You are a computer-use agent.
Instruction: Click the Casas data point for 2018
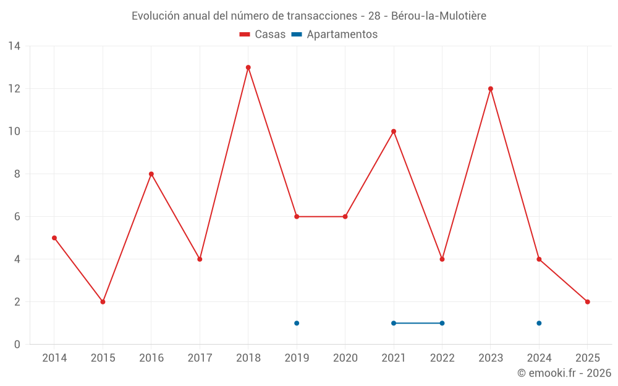click(248, 67)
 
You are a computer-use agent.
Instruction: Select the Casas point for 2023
click(491, 89)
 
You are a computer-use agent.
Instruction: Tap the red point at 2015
click(103, 302)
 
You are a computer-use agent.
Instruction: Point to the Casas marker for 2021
click(394, 132)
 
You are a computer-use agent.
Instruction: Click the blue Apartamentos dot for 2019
click(297, 323)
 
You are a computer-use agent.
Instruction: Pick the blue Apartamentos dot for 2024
click(539, 323)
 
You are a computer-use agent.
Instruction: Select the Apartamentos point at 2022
click(442, 323)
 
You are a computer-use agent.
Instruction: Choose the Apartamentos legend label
click(342, 35)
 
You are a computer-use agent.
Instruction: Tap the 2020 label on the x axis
click(345, 358)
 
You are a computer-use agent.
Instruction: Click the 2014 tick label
click(54, 358)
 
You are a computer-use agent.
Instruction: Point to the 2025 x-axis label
click(587, 358)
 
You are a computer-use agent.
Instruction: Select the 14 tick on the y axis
click(14, 46)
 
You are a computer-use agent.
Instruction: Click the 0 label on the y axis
click(17, 345)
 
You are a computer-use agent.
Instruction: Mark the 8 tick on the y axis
click(17, 174)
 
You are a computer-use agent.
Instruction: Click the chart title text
click(309, 16)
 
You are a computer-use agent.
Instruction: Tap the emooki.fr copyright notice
click(564, 373)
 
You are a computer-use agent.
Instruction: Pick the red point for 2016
click(151, 174)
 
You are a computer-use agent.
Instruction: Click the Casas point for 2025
click(587, 302)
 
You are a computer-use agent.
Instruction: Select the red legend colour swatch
click(245, 35)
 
